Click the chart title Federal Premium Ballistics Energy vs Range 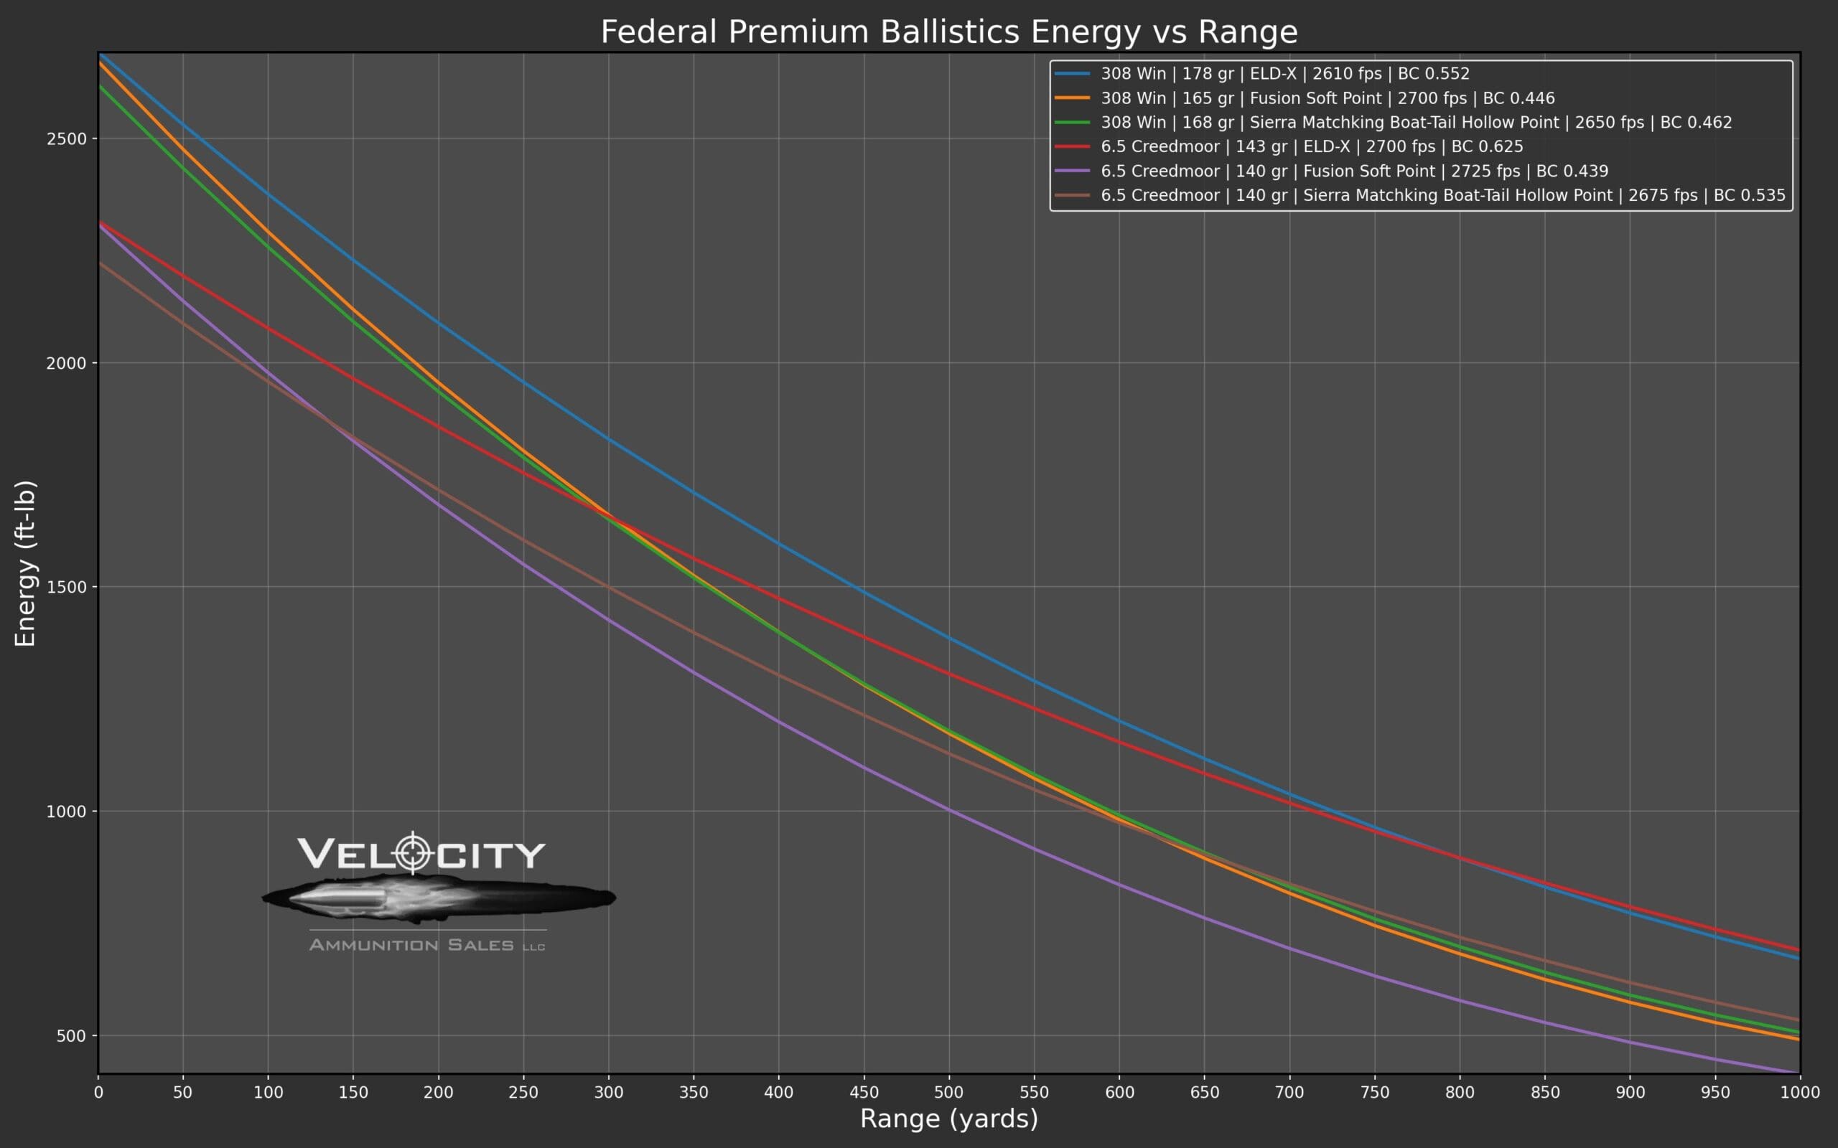click(x=948, y=32)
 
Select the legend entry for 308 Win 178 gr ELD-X click(x=1284, y=74)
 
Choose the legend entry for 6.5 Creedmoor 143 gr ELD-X click(x=1311, y=146)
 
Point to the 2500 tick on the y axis click(x=67, y=139)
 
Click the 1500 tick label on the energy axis click(x=67, y=587)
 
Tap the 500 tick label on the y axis click(x=71, y=1035)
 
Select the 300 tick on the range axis click(x=608, y=1093)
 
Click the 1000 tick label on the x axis click(x=1799, y=1093)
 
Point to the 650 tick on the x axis click(x=1204, y=1093)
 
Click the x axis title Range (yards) click(x=948, y=1119)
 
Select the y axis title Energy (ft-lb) click(x=25, y=563)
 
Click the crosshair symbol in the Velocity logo click(x=413, y=853)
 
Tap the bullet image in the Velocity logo click(x=438, y=898)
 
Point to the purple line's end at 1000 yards click(x=1798, y=1073)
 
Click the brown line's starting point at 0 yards click(x=100, y=263)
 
